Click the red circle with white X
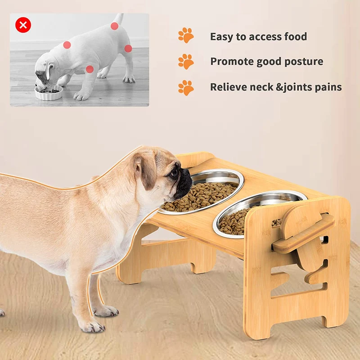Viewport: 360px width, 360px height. (x=23, y=25)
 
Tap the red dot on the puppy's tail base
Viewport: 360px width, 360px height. (x=114, y=26)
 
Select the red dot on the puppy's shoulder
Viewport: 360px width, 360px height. (x=67, y=45)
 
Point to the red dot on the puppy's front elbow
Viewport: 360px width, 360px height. (x=90, y=69)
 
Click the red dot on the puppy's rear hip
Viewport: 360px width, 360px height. (x=128, y=49)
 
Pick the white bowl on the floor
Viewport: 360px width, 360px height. (x=49, y=93)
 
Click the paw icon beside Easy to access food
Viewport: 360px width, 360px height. (x=186, y=36)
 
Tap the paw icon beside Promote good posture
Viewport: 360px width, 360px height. (x=186, y=62)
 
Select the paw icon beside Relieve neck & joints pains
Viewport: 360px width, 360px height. (x=186, y=88)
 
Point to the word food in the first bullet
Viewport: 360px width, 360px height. (x=296, y=36)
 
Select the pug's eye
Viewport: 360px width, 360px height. (x=174, y=173)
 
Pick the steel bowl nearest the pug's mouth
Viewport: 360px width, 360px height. (x=202, y=192)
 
